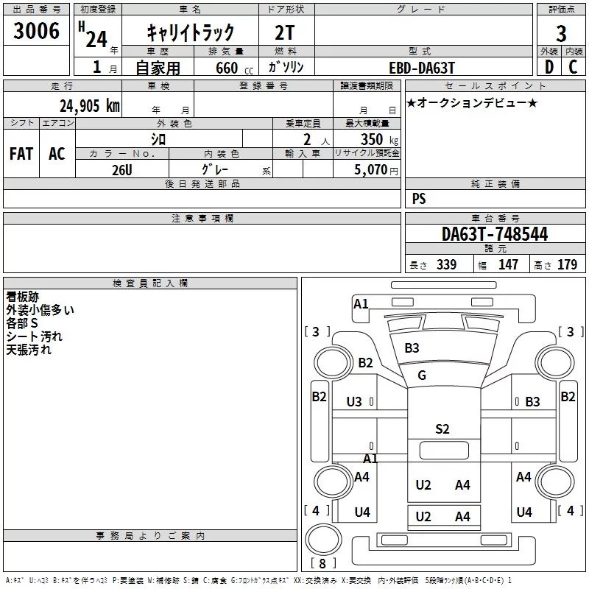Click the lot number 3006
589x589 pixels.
[x=37, y=31]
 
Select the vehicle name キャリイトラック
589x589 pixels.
[x=190, y=32]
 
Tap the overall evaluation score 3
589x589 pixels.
[x=561, y=33]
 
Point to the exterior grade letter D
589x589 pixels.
[x=549, y=67]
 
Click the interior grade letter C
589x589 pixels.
[x=574, y=67]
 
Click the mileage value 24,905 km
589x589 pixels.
[x=89, y=106]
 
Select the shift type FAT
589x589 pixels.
[x=21, y=153]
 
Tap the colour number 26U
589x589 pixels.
[x=121, y=169]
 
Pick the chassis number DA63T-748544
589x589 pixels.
[x=494, y=234]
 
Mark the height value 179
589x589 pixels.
[x=567, y=264]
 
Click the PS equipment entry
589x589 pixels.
[x=418, y=199]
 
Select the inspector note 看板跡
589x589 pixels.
[x=22, y=297]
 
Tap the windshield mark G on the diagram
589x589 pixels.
[x=422, y=375]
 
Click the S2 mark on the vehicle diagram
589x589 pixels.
[x=442, y=429]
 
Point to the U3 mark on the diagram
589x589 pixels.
[x=354, y=401]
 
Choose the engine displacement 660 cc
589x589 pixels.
[x=226, y=68]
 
